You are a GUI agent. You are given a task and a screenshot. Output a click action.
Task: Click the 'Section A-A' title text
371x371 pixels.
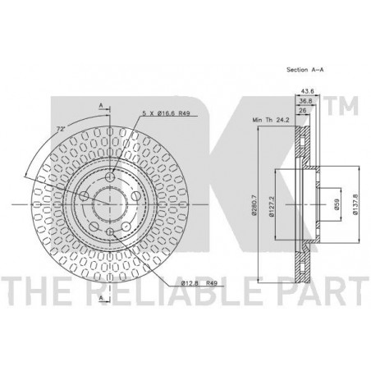[305, 70]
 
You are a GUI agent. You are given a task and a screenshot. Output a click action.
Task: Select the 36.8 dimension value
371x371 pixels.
[305, 101]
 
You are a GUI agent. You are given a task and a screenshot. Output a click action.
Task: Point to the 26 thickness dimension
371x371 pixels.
[303, 111]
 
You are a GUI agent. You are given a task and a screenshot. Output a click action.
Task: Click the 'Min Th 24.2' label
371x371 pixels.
[271, 120]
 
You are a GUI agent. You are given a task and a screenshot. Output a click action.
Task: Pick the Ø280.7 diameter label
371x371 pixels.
[254, 205]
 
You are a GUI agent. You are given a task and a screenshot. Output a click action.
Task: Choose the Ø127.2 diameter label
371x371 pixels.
[271, 207]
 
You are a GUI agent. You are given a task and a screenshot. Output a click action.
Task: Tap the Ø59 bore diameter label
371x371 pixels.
[337, 204]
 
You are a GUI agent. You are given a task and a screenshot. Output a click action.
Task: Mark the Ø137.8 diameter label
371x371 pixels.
[355, 204]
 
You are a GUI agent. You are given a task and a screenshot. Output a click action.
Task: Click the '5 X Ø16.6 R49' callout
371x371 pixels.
[166, 113]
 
